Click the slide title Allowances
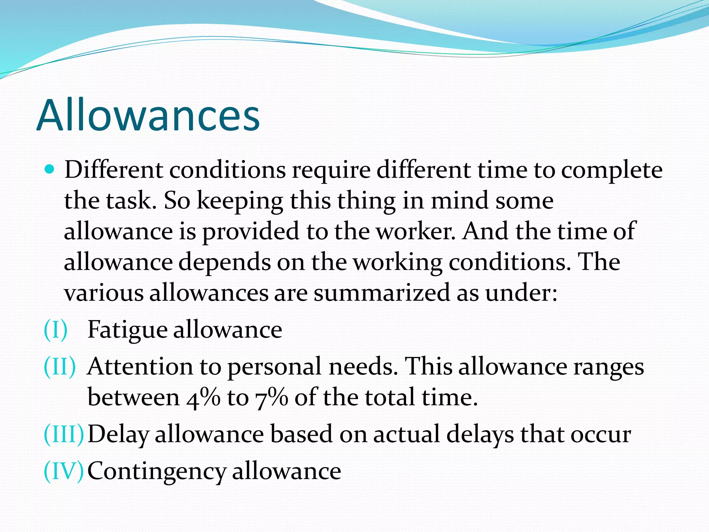[x=148, y=115]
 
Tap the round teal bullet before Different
[x=50, y=170]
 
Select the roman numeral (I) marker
[x=56, y=329]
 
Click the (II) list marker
[x=60, y=366]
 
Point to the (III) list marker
[x=64, y=434]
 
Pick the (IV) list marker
[x=64, y=471]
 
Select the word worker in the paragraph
[x=416, y=231]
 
